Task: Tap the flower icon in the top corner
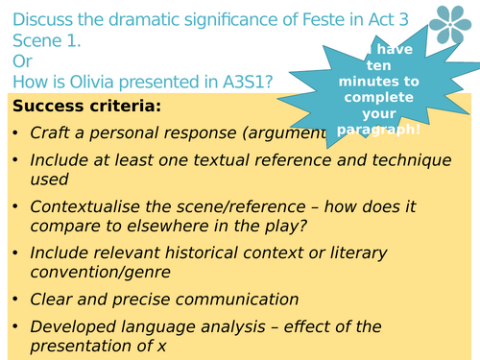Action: tap(449, 27)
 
